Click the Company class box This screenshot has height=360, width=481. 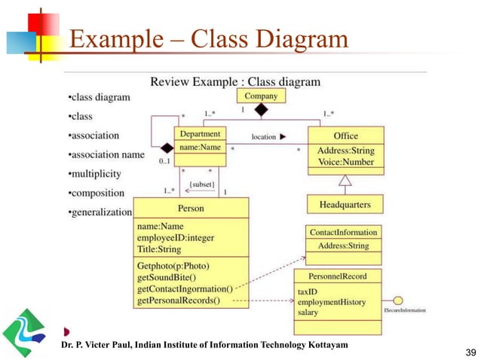[261, 96]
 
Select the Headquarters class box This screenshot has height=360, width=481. [344, 204]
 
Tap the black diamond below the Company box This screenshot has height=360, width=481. [261, 111]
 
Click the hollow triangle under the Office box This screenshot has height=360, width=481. [345, 180]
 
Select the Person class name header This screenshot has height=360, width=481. [191, 208]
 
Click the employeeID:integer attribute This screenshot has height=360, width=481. [176, 237]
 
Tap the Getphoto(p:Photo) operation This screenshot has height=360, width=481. [173, 265]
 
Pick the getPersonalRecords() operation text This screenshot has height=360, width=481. [179, 301]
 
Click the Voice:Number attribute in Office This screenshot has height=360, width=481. [345, 161]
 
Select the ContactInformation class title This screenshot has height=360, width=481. [343, 233]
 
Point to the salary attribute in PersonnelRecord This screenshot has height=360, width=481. [308, 312]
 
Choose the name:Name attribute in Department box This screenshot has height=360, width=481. [200, 148]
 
